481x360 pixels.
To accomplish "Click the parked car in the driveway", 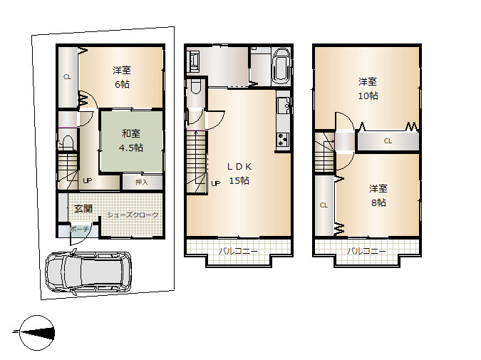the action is (88, 272).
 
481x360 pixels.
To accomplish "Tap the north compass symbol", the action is (37, 333).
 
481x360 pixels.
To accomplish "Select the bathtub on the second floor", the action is (281, 66).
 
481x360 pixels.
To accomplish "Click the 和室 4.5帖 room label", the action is (131, 140).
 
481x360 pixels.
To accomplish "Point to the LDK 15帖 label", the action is (239, 173).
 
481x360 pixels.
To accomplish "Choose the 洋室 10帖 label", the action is (368, 88).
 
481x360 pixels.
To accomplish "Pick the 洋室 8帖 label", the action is (378, 195).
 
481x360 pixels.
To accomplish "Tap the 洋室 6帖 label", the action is (122, 77).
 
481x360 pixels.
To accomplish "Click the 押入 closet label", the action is (142, 182).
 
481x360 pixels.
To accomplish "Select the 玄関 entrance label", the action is (83, 209).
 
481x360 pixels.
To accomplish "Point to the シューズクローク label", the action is (133, 215).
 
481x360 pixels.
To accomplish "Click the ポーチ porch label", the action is (79, 229).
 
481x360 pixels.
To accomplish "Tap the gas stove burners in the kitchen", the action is (282, 140).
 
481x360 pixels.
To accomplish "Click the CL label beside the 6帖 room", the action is (67, 77).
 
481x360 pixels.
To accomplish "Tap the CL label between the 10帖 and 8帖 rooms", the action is (388, 141).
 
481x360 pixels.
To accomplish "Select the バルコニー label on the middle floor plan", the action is (238, 251).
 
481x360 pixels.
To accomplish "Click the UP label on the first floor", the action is (88, 181).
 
